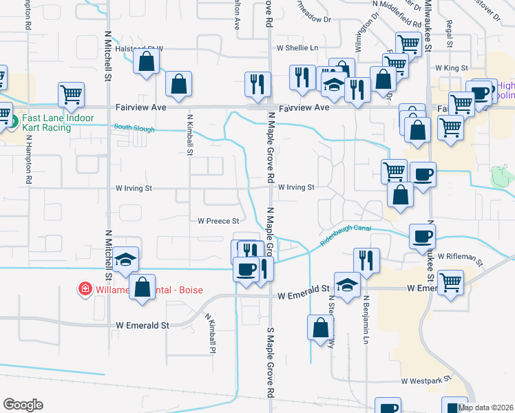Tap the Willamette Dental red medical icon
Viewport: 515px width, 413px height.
pos(85,289)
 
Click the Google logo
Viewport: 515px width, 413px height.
pos(23,405)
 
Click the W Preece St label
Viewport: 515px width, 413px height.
pos(218,222)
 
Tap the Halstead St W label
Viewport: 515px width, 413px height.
pos(139,48)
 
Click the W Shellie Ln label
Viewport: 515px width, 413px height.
pos(297,48)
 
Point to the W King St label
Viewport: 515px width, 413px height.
pos(452,69)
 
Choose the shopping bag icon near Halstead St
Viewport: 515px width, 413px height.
pos(147,62)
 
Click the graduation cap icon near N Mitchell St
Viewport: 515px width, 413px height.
pos(126,260)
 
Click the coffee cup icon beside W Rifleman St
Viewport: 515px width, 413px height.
pos(421,236)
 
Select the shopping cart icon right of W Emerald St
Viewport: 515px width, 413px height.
pos(450,281)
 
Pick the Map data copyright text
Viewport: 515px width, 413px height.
pos(486,407)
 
